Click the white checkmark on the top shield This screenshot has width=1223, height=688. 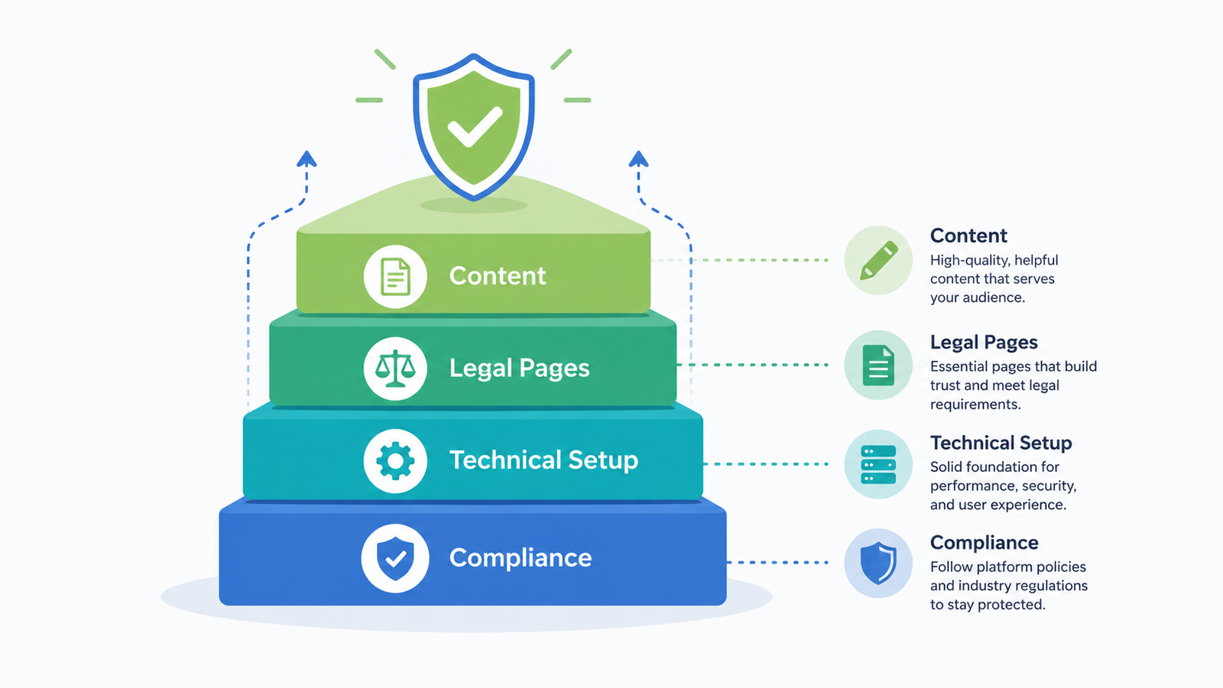474,127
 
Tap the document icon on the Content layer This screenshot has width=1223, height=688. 395,276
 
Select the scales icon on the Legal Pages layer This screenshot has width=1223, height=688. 395,368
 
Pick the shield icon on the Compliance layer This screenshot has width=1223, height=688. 395,558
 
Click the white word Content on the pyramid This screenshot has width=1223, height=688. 498,276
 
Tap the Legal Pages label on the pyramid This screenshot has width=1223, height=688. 519,368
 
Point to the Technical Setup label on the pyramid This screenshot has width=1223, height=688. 543,460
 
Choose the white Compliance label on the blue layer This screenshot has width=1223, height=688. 521,558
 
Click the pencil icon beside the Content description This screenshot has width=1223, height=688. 879,260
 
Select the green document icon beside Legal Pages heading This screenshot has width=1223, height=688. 878,365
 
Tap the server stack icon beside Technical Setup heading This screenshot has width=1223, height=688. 878,464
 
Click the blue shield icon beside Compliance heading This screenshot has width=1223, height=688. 878,563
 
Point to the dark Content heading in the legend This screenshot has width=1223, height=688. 968,235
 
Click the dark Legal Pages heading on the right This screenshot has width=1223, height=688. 984,342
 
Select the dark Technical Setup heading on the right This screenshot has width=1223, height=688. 1001,443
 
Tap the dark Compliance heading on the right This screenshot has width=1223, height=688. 984,543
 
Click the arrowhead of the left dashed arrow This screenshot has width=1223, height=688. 307,159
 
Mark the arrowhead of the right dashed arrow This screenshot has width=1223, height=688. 638,159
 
